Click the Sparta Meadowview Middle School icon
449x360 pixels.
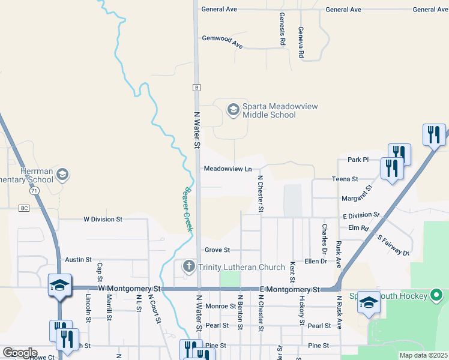coord(232,109)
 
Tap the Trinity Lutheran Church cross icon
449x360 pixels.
coord(188,266)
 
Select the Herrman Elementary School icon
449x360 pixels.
coord(63,175)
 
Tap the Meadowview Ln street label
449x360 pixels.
coord(228,169)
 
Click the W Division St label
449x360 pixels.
coord(103,220)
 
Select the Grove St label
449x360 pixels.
coord(217,250)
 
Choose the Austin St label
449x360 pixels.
coord(78,260)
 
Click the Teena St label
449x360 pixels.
coord(345,179)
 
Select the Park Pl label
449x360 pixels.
coord(358,160)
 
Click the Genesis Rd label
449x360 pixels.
coord(282,30)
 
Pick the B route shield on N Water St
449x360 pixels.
coord(196,88)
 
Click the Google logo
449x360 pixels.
coord(19,352)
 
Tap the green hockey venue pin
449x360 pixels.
coord(437,295)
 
